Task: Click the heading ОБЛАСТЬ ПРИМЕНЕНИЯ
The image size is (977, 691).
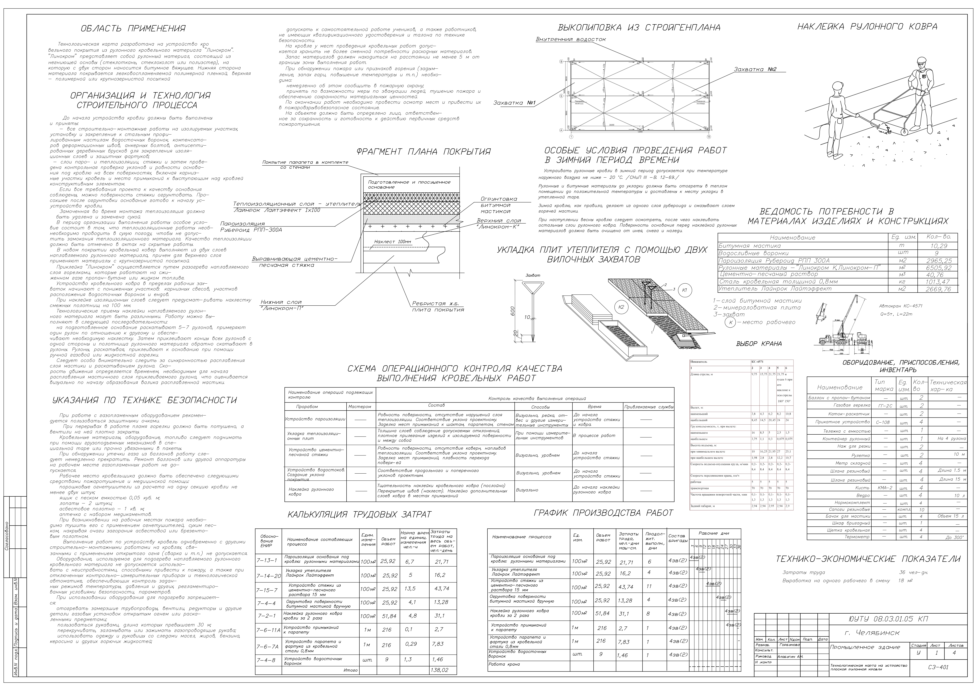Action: (x=133, y=29)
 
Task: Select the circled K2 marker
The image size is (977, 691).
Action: (x=621, y=307)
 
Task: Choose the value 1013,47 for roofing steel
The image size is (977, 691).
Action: (x=938, y=282)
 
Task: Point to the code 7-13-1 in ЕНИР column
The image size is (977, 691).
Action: (x=267, y=561)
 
